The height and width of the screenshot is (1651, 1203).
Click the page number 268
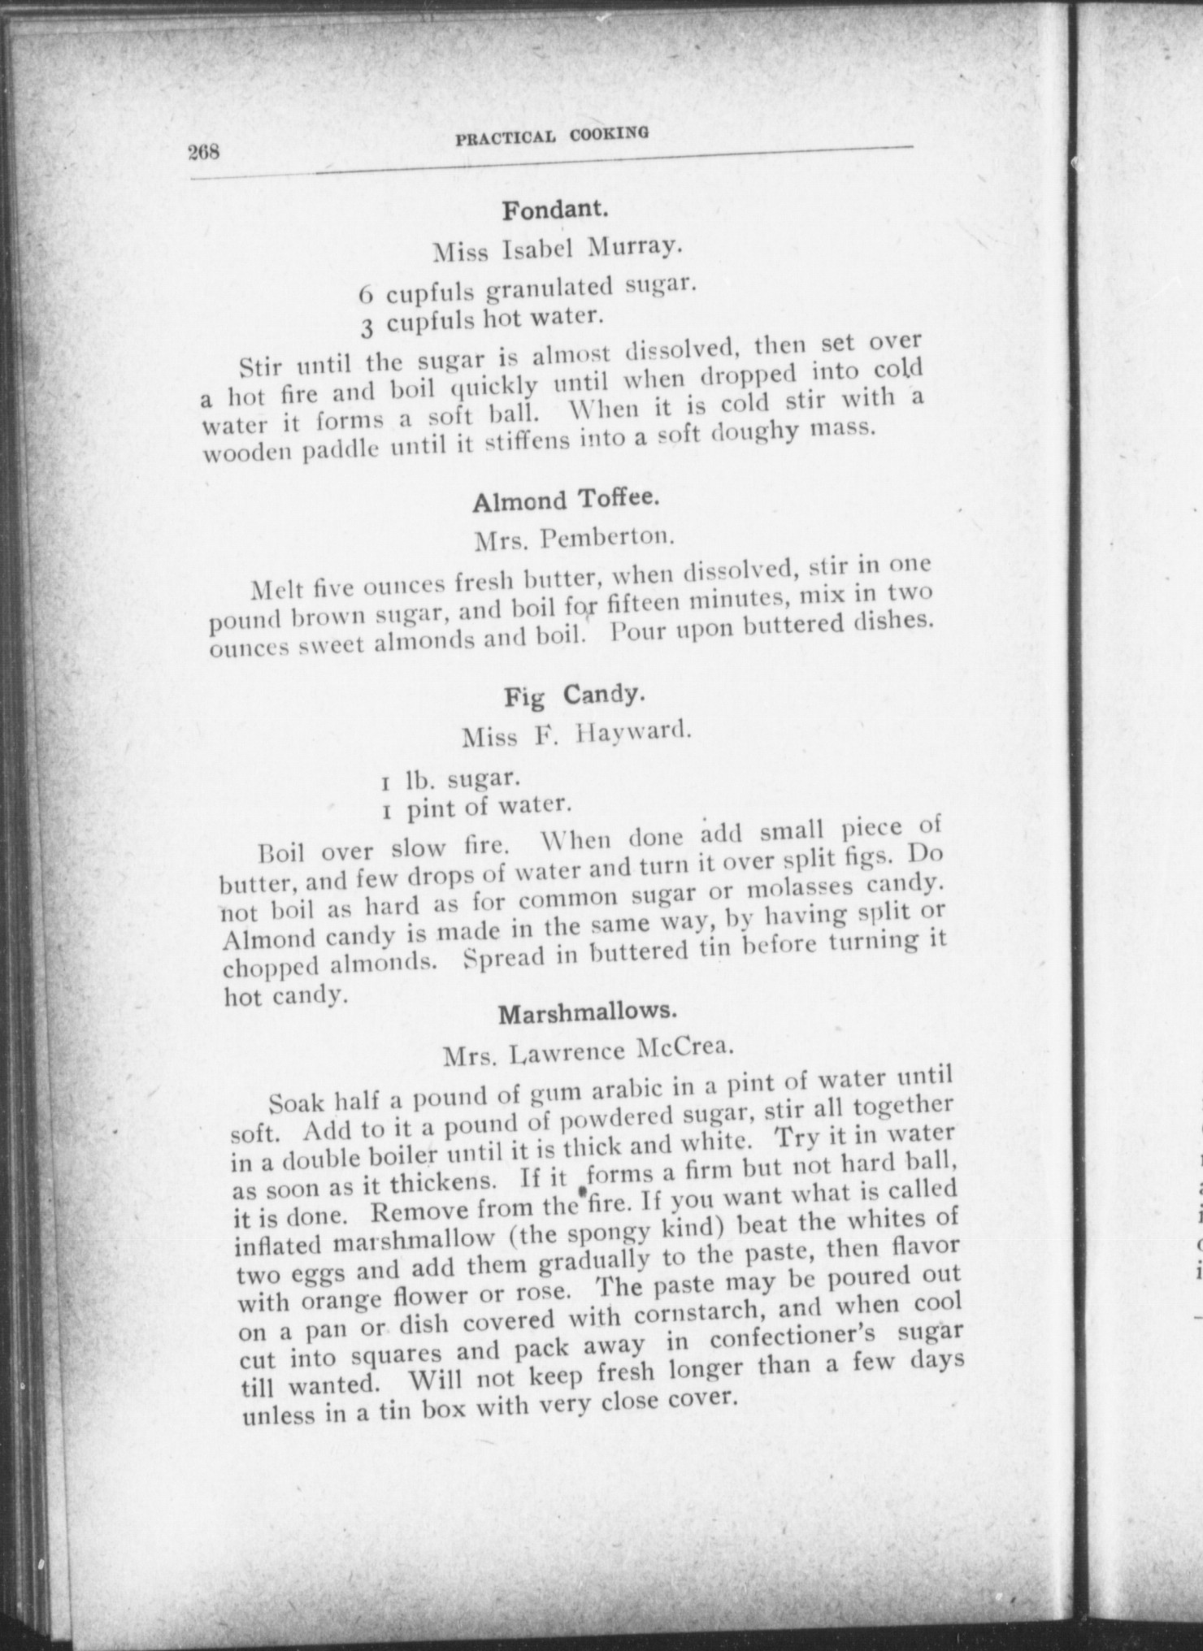pos(205,152)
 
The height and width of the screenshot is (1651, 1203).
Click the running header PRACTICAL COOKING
pos(552,135)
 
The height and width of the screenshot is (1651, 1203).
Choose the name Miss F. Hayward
pos(576,734)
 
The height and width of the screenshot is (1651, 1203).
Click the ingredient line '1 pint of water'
pos(473,808)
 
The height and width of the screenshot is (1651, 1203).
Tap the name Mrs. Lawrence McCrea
pos(589,1053)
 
